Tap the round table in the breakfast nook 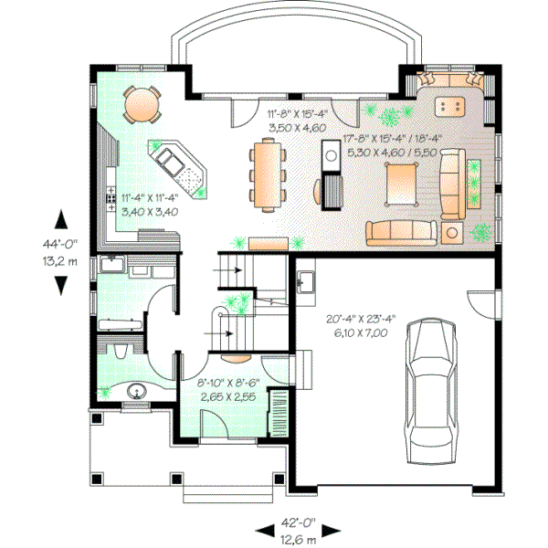pyautogui.click(x=141, y=103)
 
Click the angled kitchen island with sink pyautogui.click(x=178, y=168)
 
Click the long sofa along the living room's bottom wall pyautogui.click(x=401, y=232)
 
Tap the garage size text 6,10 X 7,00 pyautogui.click(x=360, y=334)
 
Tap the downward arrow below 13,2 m pyautogui.click(x=61, y=284)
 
